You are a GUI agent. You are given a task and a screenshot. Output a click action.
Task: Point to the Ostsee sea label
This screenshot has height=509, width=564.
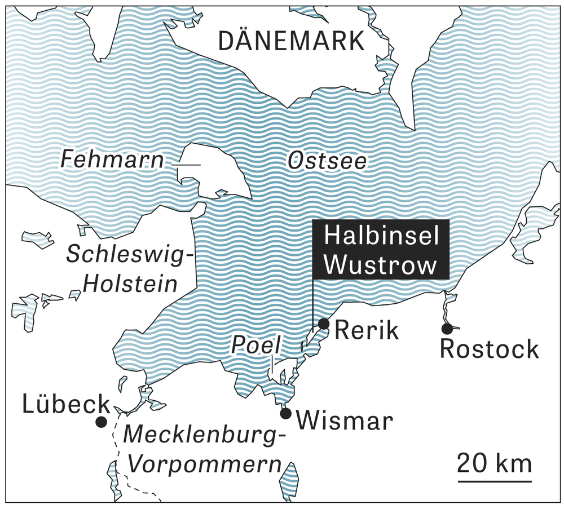tap(327, 162)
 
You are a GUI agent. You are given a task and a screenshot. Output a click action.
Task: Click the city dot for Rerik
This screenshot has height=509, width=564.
tap(324, 324)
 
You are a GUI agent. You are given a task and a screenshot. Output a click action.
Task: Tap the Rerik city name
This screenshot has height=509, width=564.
tap(367, 330)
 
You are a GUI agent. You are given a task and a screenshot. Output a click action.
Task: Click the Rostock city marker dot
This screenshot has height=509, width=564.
tap(447, 328)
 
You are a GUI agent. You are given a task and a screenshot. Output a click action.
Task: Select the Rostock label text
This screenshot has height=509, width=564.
tap(489, 349)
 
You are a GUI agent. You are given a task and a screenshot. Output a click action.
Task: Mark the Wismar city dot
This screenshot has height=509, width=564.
tap(285, 414)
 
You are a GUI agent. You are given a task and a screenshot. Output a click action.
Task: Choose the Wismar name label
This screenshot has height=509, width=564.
tap(343, 421)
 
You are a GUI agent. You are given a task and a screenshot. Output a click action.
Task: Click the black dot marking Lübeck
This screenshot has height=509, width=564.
tap(101, 422)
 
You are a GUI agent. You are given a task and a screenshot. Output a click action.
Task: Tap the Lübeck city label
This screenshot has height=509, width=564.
tap(66, 404)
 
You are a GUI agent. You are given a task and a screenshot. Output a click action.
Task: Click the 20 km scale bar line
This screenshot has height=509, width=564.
tap(494, 481)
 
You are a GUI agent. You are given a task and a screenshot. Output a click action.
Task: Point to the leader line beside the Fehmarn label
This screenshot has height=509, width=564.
tap(186, 165)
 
